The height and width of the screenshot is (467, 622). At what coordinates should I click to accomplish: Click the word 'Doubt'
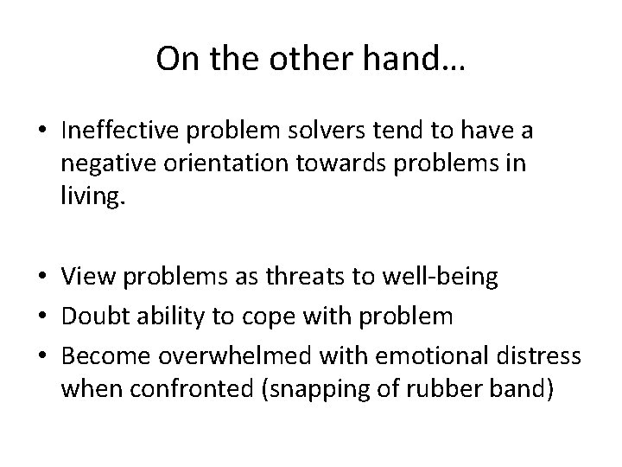[91, 317]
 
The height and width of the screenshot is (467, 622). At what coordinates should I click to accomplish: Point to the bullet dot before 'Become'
[41, 355]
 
